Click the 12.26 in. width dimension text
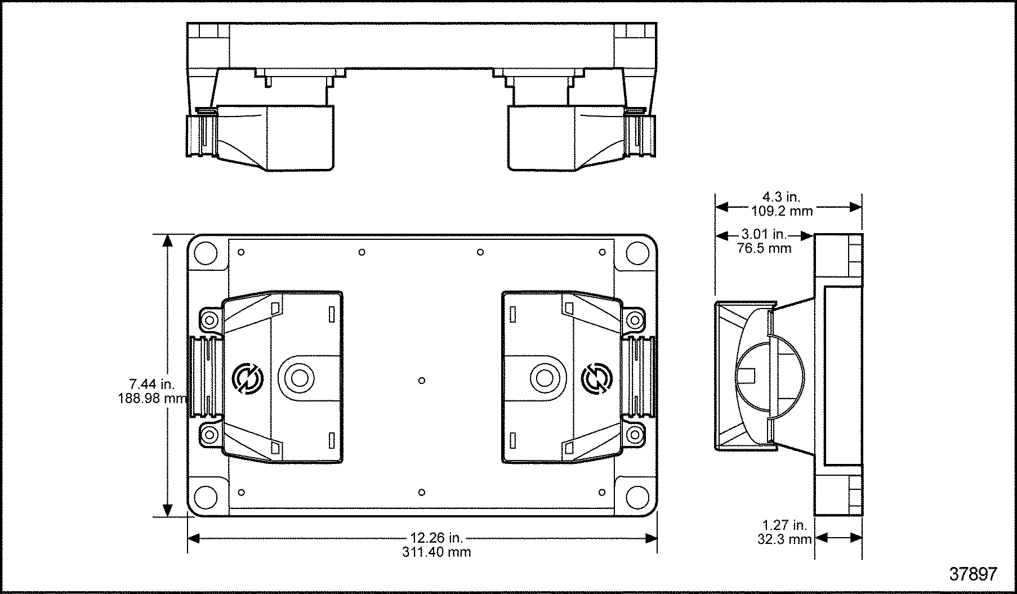(x=436, y=538)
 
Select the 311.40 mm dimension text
(x=436, y=552)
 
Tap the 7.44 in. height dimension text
(x=152, y=385)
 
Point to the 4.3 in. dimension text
(x=781, y=197)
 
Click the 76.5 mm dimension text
(x=764, y=248)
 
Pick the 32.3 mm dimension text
(x=784, y=539)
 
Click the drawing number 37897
(x=973, y=574)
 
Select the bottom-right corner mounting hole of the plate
(x=637, y=497)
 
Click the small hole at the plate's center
(x=422, y=381)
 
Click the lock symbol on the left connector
(x=246, y=379)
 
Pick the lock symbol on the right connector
(x=597, y=379)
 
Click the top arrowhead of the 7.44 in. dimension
(x=167, y=241)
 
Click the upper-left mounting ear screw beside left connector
(x=210, y=320)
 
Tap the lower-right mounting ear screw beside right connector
(x=635, y=434)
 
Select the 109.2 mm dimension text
(x=782, y=211)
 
